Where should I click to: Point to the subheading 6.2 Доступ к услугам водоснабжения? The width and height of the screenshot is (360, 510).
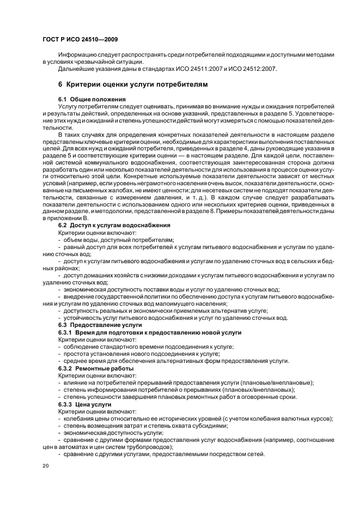pos(114,225)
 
